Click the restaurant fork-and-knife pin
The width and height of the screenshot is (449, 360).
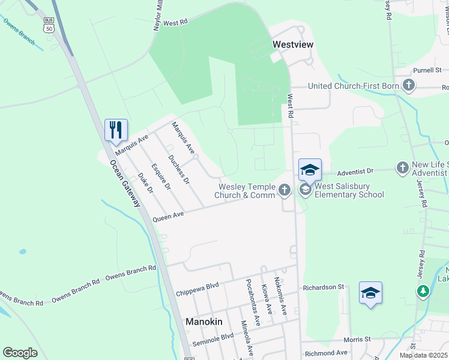pyautogui.click(x=116, y=130)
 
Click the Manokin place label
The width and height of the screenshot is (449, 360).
pyautogui.click(x=203, y=322)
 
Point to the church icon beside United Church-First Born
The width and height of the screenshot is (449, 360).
pyautogui.click(x=408, y=85)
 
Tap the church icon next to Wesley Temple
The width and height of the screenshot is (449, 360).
pyautogui.click(x=285, y=191)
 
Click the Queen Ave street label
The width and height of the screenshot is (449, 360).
pyautogui.click(x=168, y=216)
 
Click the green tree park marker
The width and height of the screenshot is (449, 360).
pyautogui.click(x=423, y=291)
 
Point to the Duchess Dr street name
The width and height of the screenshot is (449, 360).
pyautogui.click(x=179, y=169)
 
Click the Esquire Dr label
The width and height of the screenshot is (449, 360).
pyautogui.click(x=161, y=177)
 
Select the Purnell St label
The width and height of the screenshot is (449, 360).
pyautogui.click(x=427, y=70)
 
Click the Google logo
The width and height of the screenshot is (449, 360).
pyautogui.click(x=20, y=353)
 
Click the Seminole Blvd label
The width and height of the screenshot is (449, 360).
pyautogui.click(x=212, y=340)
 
